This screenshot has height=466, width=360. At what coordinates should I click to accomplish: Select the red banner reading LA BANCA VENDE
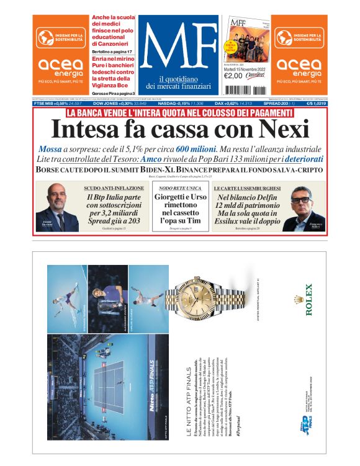179,113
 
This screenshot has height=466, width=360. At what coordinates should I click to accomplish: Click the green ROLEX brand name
308,300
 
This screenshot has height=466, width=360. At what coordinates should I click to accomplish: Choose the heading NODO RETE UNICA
179,187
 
